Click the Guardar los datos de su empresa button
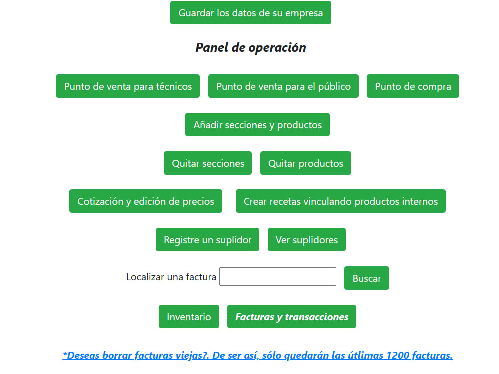click(250, 13)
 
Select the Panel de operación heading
click(250, 48)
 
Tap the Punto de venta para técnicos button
click(128, 86)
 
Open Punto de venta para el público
click(283, 86)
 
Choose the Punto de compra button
click(413, 86)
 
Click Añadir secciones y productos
click(257, 125)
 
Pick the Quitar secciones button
click(208, 163)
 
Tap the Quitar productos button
click(306, 163)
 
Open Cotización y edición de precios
click(146, 201)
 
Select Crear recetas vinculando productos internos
click(340, 201)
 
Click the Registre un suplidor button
click(208, 240)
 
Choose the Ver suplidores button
click(307, 240)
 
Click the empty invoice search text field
click(277, 277)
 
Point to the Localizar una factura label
click(171, 277)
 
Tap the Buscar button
click(367, 278)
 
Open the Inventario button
click(189, 317)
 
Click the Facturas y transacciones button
click(291, 317)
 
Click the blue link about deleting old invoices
click(257, 355)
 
